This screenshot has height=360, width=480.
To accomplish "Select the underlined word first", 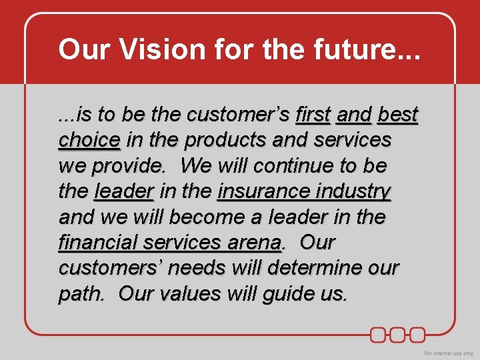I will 313,115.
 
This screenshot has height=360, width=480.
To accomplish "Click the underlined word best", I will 397,115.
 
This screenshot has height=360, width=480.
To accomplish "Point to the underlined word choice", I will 89,140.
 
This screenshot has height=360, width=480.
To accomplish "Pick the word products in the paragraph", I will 228,140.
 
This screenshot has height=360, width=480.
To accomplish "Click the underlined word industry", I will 354,191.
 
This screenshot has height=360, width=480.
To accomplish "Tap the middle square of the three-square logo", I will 398,334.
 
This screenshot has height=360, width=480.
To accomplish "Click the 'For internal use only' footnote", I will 449,353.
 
